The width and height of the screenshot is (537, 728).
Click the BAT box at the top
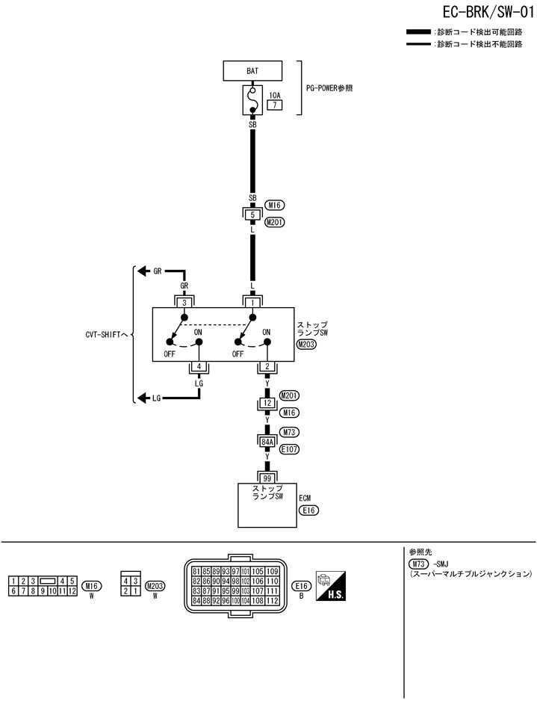[252, 71]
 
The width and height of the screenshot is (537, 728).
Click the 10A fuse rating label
[275, 96]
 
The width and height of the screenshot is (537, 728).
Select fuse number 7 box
[274, 105]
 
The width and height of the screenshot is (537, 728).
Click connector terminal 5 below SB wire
[252, 215]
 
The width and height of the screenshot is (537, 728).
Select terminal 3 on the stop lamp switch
[183, 302]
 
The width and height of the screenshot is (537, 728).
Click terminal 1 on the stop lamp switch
[252, 302]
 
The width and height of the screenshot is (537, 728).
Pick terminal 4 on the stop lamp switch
[199, 366]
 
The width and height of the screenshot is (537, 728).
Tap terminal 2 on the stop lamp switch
[267, 366]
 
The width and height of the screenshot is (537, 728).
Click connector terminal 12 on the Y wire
[267, 404]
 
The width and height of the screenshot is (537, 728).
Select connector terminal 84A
[267, 442]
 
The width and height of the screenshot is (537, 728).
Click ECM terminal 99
[267, 476]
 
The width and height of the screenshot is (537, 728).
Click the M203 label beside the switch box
[306, 345]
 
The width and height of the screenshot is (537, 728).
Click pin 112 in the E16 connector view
[272, 600]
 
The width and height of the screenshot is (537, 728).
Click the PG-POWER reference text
[329, 87]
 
